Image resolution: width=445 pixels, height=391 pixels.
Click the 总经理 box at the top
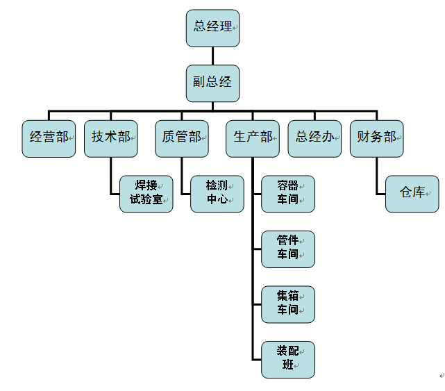tap(213, 28)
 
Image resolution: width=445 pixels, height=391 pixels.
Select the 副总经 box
tap(213, 83)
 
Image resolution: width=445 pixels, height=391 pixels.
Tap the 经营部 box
tap(49, 138)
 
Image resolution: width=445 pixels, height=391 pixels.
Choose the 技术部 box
tap(111, 138)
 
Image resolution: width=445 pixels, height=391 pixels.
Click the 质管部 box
tap(182, 138)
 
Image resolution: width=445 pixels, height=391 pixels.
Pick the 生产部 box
tap(253, 138)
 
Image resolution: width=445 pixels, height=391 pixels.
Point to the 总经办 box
tap(315, 138)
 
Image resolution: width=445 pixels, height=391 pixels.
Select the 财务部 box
tap(377, 138)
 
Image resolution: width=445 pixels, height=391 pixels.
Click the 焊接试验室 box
tap(146, 194)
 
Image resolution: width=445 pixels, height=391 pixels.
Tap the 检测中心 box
tap(217, 194)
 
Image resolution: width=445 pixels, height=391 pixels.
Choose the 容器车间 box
tap(288, 194)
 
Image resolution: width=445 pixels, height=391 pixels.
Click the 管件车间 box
tap(288, 249)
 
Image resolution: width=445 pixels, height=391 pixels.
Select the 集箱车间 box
tap(288, 304)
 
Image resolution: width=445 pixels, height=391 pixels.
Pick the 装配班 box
tap(288, 359)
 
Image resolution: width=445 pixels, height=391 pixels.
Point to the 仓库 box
tap(412, 194)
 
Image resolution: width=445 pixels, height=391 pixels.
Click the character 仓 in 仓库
tap(406, 193)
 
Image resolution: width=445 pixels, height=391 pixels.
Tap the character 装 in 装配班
tap(283, 352)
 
